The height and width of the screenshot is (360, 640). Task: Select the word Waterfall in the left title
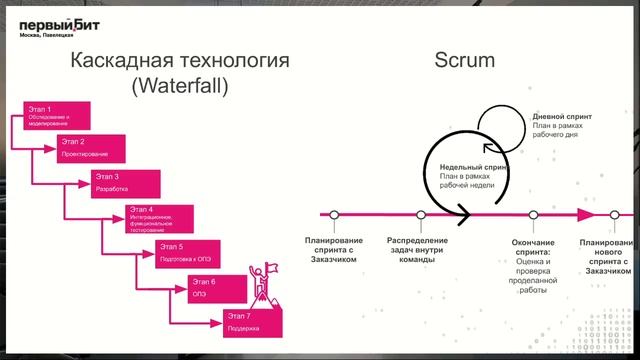[179, 86]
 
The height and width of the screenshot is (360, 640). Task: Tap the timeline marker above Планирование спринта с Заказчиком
[334, 214]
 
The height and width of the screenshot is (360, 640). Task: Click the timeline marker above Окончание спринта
[533, 214]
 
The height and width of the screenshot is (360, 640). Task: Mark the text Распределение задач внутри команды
[417, 250]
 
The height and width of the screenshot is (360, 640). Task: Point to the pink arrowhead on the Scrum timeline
[588, 214]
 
